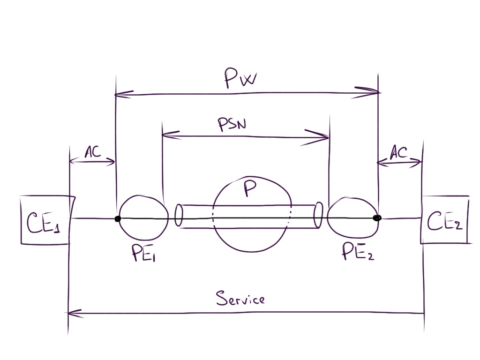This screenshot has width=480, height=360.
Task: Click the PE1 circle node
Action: pos(143,217)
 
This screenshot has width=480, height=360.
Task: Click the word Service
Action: pos(240,298)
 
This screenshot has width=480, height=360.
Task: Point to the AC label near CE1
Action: pos(92,152)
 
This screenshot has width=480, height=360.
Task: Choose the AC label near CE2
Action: pos(398,152)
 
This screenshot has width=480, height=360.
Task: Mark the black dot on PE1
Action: pos(118,218)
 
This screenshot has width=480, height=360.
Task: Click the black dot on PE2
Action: pos(377,218)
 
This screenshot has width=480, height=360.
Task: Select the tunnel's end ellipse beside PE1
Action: pos(179,215)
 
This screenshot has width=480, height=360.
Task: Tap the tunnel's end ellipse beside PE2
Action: pos(319,215)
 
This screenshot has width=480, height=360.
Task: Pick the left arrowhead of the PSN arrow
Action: pos(169,135)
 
